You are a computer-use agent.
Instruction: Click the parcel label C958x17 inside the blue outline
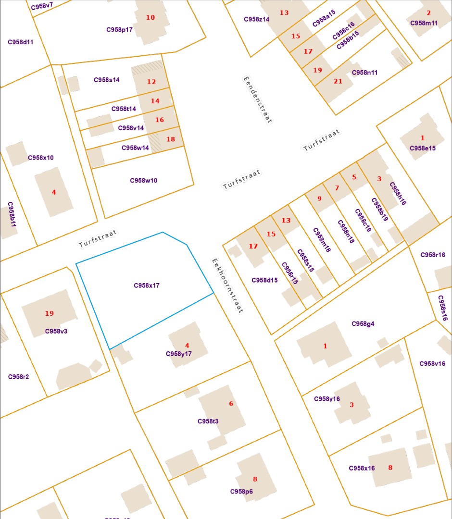pos(147,285)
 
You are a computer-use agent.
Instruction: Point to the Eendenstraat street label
pos(258,100)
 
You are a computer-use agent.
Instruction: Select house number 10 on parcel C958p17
pos(151,17)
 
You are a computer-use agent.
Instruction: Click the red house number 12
pos(151,82)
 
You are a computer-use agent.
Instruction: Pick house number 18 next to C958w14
pos(171,139)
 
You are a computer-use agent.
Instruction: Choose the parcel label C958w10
pos(143,181)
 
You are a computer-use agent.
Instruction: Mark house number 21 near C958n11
pos(338,81)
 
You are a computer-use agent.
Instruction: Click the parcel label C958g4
pos(363,323)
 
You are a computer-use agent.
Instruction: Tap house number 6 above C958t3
pos(231,404)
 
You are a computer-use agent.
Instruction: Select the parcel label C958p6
pos(241,491)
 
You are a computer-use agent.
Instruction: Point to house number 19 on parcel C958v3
pos(50,313)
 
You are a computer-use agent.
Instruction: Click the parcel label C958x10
pos(41,158)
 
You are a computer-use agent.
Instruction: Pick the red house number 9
pos(319,198)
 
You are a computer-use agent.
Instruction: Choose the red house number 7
pos(337,187)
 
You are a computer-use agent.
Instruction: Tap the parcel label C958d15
pos(264,280)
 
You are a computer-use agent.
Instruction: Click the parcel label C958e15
pos(423,148)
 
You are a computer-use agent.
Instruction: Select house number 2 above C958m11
pos(428,13)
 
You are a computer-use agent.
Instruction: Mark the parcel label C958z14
pos(257,19)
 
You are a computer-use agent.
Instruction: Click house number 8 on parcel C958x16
pos(390,468)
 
